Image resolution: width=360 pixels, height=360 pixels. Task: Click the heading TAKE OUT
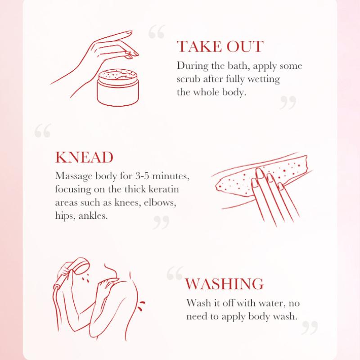coord(220,47)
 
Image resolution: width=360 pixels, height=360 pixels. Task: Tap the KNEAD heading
coord(84,157)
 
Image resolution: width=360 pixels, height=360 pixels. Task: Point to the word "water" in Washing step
coord(267,303)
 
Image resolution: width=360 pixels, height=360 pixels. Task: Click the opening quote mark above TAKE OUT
coord(157,34)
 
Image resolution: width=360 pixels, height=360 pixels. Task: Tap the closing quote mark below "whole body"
coord(288,102)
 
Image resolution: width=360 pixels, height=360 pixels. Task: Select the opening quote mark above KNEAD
coord(43,131)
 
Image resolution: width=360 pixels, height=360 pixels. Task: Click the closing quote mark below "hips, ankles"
coord(161,223)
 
